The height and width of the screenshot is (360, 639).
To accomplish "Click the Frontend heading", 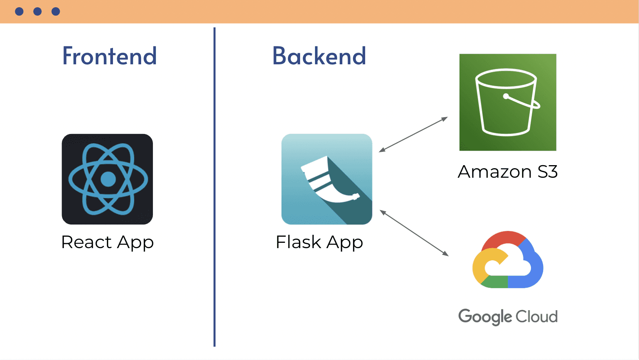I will (110, 56).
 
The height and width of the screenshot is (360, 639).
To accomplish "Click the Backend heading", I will (319, 56).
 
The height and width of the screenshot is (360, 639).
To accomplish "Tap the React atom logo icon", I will (107, 179).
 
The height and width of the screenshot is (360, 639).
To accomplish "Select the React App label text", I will (107, 242).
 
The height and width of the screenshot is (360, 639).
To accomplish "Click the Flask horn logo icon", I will (327, 179).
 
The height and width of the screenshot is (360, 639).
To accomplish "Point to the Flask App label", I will (319, 242).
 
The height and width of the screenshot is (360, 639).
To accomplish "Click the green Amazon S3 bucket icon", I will (508, 102).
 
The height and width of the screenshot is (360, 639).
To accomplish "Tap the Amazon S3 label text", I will (508, 172).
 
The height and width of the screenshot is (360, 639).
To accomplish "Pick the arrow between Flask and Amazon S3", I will (413, 135).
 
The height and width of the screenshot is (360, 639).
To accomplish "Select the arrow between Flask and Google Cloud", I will (414, 233).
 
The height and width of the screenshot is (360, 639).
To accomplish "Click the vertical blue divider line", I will (215, 186).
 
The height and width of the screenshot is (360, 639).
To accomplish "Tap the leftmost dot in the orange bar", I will (19, 11).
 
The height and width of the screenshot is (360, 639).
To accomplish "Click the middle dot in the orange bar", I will (37, 11).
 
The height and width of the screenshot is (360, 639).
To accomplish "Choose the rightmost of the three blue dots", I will (56, 11).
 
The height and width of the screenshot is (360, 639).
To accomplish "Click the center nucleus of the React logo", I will (108, 179).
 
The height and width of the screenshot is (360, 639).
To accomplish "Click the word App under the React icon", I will (135, 242).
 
